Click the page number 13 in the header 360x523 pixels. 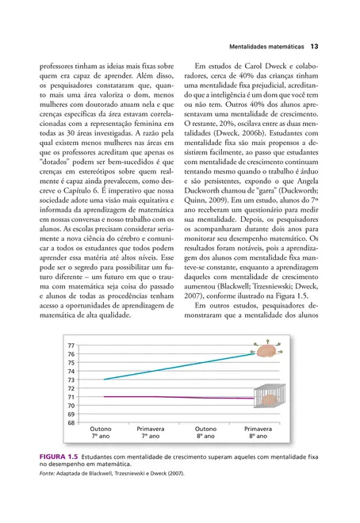point(314,46)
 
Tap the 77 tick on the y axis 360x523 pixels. point(71,346)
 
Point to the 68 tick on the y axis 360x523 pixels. point(71,422)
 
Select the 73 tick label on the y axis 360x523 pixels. point(71,380)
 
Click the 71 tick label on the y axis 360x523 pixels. point(71,397)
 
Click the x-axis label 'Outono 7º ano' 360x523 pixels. point(101,432)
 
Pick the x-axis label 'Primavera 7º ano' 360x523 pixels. point(151,432)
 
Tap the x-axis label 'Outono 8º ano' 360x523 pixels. point(206,432)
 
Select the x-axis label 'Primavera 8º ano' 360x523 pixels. point(257,432)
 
